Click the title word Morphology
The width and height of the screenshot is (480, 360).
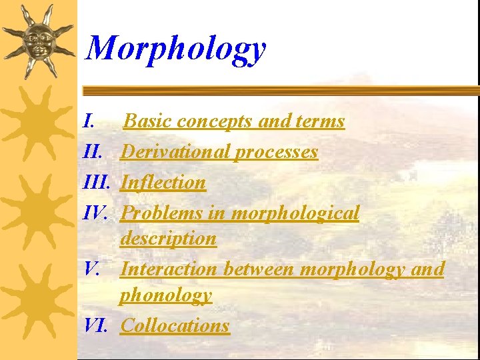177,48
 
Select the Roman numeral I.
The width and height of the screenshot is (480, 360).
89,121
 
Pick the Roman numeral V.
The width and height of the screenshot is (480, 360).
93,269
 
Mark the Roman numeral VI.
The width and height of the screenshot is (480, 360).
97,325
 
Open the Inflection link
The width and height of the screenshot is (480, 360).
163,182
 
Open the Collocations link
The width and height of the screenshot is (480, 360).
175,325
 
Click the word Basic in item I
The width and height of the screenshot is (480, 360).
147,121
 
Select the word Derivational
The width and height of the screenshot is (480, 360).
176,152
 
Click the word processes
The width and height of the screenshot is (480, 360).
276,153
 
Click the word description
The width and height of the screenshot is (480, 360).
169,239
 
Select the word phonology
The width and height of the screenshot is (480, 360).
166,295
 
